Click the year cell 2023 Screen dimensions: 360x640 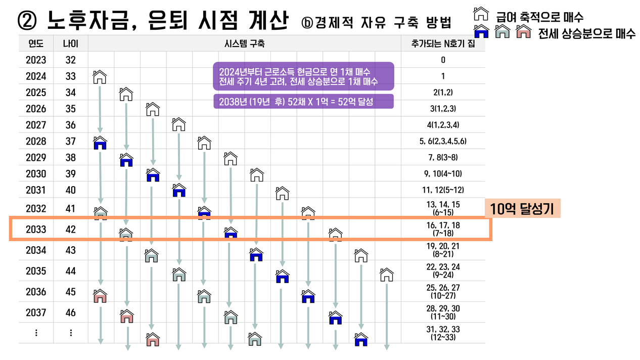(36, 60)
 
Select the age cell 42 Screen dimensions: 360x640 (71, 230)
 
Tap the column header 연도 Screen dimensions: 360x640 (36, 44)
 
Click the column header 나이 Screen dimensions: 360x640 (71, 44)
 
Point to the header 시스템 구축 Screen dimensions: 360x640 (245, 44)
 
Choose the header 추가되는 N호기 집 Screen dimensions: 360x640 (443, 44)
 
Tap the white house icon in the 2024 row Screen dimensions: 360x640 (100, 77)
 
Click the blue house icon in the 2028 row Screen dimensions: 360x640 (100, 143)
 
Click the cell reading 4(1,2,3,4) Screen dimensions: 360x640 (443, 125)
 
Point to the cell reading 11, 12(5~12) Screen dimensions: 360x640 (443, 190)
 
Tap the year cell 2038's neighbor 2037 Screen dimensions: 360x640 (36, 313)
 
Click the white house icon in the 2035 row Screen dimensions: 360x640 (387, 275)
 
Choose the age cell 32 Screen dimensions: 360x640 (71, 60)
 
